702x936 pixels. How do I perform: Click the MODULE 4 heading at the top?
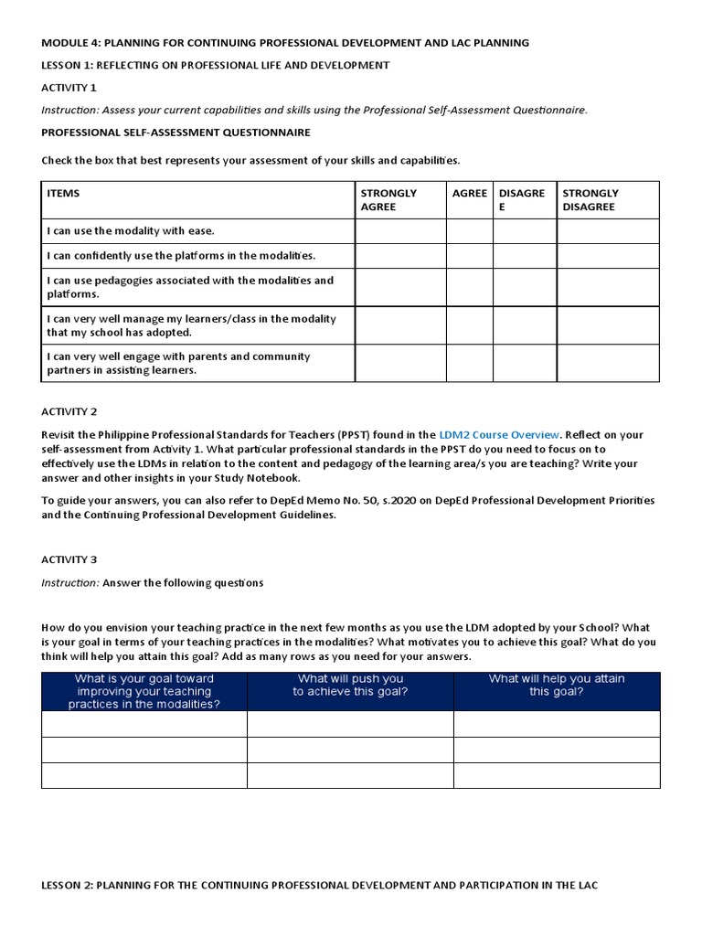pos(284,43)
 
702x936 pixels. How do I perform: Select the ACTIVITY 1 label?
pos(69,88)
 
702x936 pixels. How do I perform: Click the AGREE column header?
pos(469,194)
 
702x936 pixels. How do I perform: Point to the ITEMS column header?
pos(63,194)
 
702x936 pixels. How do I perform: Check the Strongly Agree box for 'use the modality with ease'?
pos(399,231)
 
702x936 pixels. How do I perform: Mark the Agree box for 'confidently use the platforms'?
pos(469,256)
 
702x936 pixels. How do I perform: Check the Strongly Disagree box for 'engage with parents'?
pos(607,363)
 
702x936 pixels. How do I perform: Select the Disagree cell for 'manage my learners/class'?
pos(525,325)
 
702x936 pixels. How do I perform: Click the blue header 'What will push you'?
pos(349,686)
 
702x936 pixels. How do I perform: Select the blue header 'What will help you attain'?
pos(556,686)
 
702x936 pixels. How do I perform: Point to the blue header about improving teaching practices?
pos(144,691)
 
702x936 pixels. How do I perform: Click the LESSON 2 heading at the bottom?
pos(319,886)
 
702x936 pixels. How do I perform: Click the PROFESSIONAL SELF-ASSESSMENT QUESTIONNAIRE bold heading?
pos(175,133)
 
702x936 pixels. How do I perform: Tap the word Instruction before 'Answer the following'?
pos(70,583)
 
